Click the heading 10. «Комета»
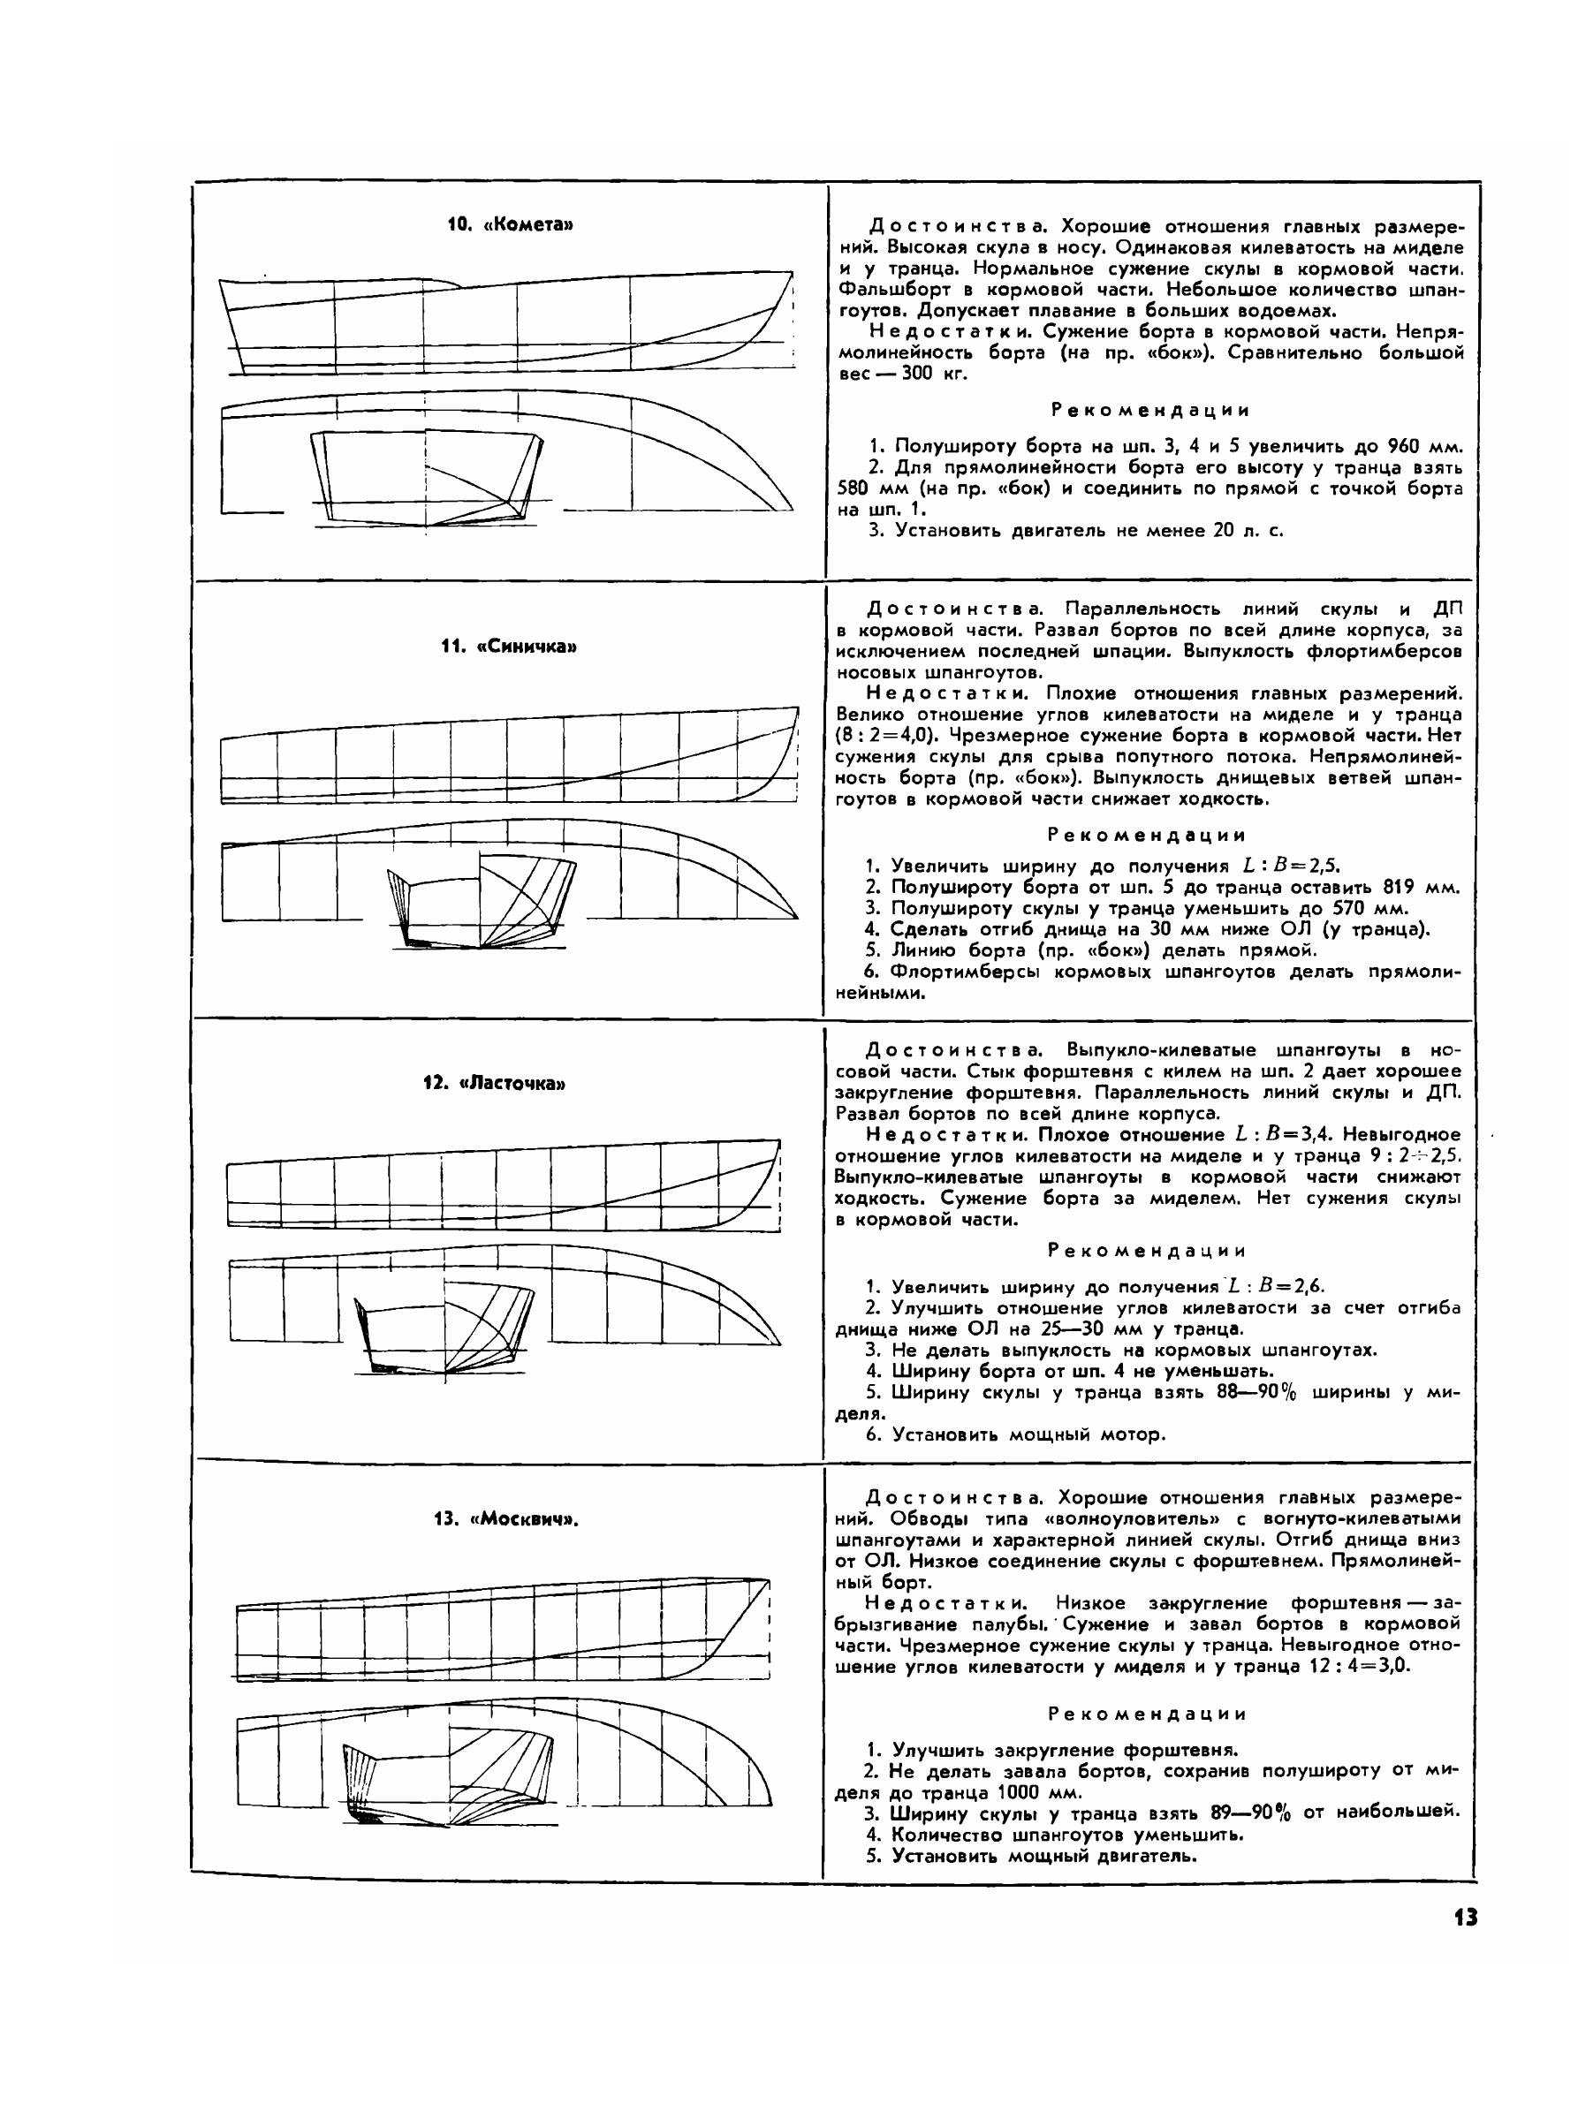point(511,224)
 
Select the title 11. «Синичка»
point(510,647)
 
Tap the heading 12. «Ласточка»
point(495,1084)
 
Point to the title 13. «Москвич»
point(506,1518)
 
